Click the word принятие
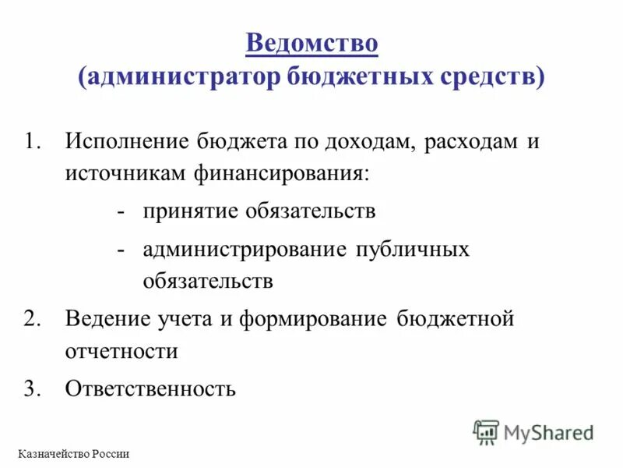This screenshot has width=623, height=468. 190,211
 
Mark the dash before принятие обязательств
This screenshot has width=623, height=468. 121,211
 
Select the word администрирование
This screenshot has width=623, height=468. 245,250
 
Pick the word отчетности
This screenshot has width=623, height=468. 121,350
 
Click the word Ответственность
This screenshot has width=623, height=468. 150,388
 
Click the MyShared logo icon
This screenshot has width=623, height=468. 486,431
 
